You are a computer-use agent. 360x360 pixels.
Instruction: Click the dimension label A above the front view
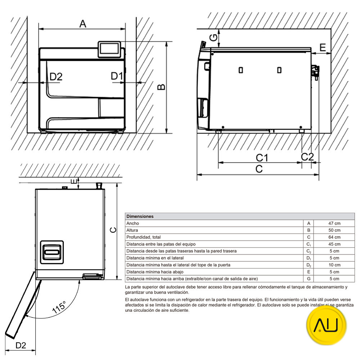83,24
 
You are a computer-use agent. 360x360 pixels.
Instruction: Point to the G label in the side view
213,37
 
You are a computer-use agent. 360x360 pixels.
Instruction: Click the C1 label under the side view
262,157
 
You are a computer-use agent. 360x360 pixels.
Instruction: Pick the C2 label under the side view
307,157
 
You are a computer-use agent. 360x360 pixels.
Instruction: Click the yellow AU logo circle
326,326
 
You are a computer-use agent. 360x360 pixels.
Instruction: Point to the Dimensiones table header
140,216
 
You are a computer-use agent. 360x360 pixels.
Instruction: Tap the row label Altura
132,230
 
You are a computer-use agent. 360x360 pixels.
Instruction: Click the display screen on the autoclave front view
110,49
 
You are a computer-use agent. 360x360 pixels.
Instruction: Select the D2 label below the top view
21,345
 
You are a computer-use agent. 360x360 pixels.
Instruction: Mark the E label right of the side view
322,47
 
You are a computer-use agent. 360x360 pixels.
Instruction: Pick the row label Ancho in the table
132,224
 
